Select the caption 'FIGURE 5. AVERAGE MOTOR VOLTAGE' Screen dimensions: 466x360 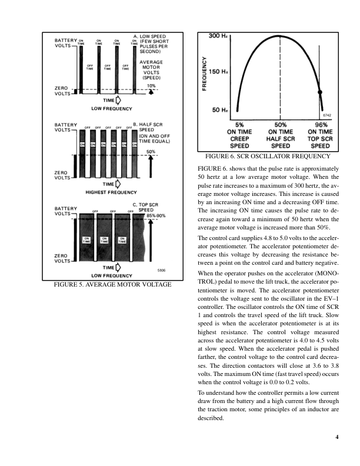coord(112,285)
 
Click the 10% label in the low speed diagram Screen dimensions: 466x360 coord(151,86)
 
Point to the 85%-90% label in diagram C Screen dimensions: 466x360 coord(157,215)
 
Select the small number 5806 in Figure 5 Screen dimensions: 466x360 coord(161,269)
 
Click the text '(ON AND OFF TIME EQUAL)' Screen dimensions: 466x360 coord(155,138)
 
